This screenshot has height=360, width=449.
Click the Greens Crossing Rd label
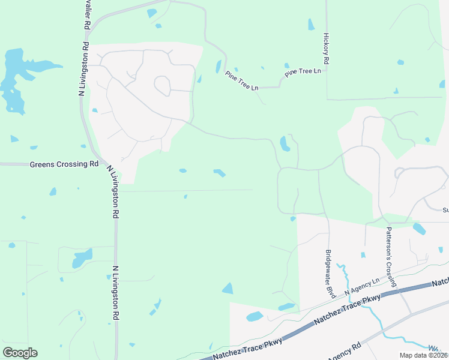click(x=64, y=164)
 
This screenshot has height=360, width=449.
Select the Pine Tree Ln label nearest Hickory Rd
click(x=303, y=71)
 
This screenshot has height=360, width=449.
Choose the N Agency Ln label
click(x=362, y=286)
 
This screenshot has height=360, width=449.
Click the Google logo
click(x=20, y=353)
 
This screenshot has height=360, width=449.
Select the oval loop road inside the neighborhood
click(x=162, y=86)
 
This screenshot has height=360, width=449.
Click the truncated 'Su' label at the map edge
click(x=445, y=210)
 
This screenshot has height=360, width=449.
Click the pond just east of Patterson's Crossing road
click(x=419, y=229)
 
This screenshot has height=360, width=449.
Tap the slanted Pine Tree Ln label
click(x=241, y=80)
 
